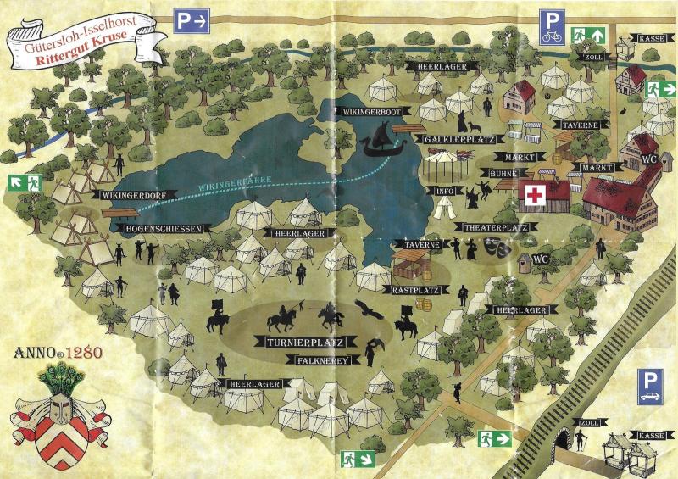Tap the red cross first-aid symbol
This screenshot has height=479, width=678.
pyautogui.click(x=534, y=195)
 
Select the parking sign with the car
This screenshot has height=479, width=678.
pyautogui.click(x=652, y=386)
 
